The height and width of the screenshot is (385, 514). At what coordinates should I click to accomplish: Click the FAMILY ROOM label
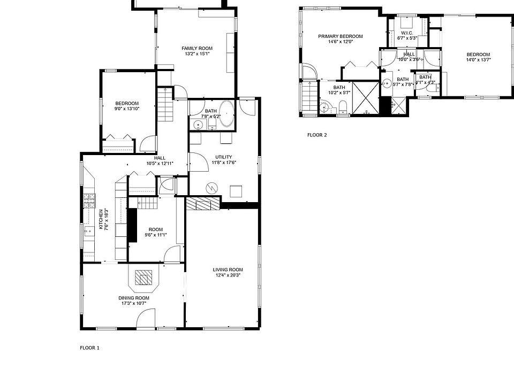(x=197, y=48)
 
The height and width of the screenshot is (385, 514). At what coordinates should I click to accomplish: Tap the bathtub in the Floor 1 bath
(x=226, y=113)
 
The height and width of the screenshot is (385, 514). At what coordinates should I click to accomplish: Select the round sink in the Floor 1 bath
(x=198, y=125)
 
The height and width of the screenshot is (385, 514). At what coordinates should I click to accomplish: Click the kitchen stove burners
(x=89, y=201)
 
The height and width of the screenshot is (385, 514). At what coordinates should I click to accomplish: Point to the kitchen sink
(x=88, y=232)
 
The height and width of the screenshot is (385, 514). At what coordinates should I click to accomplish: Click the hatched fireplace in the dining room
(x=143, y=278)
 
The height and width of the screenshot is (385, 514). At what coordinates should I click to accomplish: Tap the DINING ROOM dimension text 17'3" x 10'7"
(x=134, y=303)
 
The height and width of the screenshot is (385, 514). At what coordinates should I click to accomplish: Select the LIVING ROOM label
(x=228, y=269)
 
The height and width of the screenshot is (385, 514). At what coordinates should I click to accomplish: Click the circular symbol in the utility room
(x=211, y=188)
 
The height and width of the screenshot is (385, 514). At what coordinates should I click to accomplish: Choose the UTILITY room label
(x=224, y=157)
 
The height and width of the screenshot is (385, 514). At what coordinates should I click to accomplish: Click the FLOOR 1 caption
(x=89, y=348)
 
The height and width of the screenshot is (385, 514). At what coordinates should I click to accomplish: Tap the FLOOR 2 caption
(x=317, y=135)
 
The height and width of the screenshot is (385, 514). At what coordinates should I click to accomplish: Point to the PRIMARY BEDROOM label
(x=341, y=36)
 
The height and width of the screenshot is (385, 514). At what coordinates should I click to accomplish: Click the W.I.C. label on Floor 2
(x=407, y=33)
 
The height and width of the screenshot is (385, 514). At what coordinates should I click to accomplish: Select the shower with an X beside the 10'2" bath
(x=366, y=98)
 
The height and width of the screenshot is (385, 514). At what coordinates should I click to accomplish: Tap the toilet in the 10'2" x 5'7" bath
(x=343, y=107)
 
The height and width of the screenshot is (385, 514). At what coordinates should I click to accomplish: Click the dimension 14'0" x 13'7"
(x=478, y=59)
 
